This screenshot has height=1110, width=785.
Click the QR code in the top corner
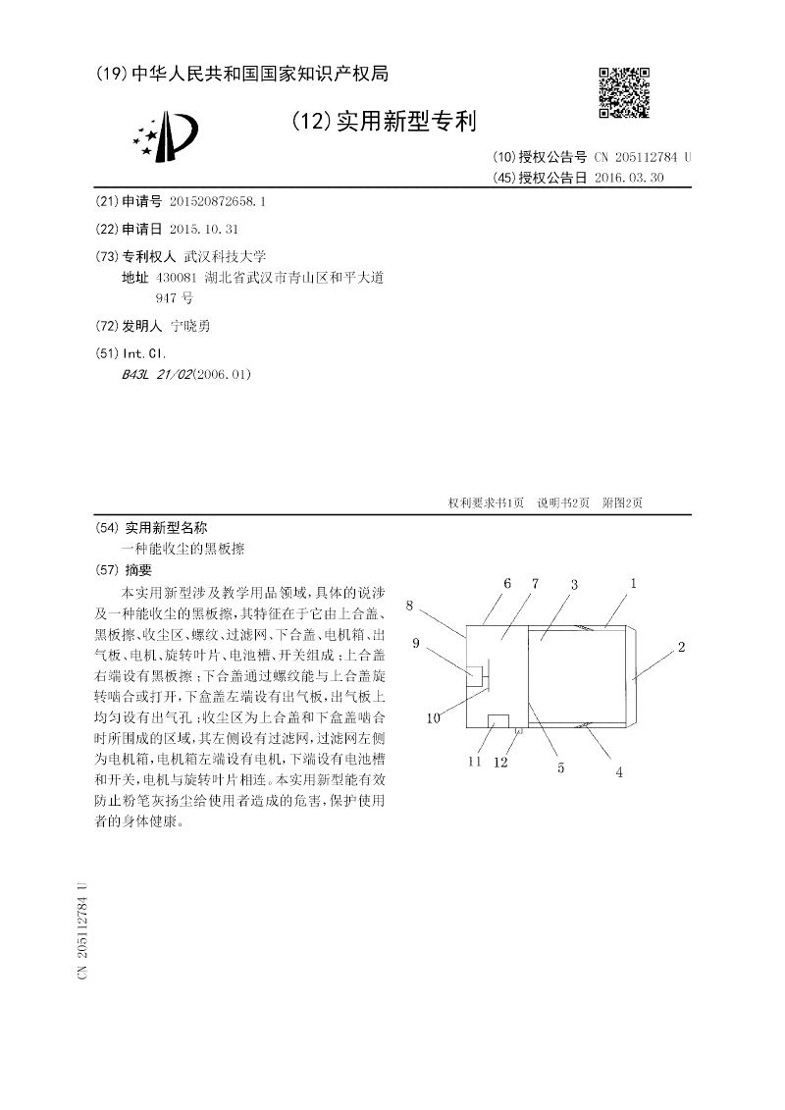pos(623,92)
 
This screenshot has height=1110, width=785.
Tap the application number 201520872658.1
pos(217,201)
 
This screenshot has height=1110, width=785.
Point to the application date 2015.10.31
pos(204,229)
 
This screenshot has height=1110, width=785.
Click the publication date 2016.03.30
pos(629,178)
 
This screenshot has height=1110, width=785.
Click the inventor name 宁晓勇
pos(190,326)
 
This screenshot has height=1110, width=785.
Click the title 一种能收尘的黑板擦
pos(182,551)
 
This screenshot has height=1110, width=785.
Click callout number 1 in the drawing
pos(634,584)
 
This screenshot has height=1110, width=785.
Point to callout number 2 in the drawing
pos(681,648)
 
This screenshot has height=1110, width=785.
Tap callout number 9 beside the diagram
pos(416,644)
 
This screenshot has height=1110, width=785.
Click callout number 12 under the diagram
pos(502,762)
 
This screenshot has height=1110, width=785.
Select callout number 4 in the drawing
pos(619,771)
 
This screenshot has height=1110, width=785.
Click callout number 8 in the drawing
pos(409,606)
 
